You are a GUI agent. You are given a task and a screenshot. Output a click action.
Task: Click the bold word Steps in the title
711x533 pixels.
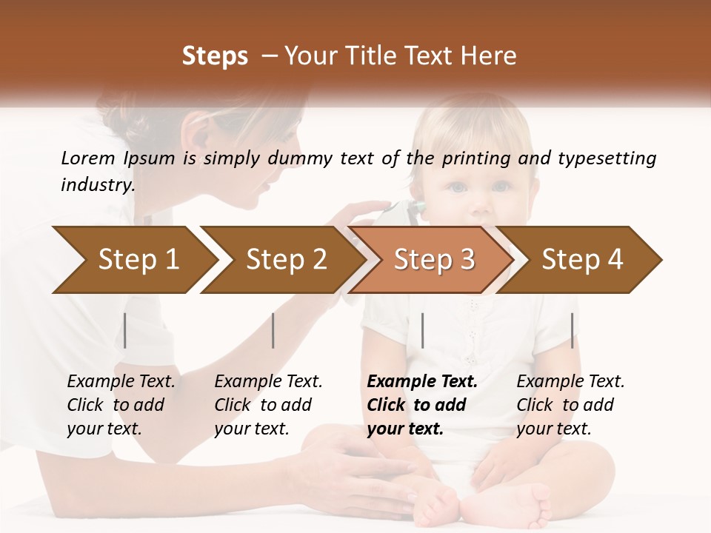tap(215, 56)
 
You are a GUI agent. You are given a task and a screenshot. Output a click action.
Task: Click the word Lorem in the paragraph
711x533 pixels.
tap(88, 158)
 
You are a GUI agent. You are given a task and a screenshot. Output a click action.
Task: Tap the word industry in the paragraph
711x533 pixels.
tap(98, 185)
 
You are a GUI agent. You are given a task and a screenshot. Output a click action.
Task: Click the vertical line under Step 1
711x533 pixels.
tap(125, 330)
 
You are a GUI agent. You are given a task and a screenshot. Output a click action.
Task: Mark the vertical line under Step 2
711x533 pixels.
tap(273, 330)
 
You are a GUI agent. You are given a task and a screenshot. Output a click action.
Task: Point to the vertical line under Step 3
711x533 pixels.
tap(422, 330)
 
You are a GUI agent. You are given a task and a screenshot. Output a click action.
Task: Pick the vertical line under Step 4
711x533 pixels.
tap(572, 330)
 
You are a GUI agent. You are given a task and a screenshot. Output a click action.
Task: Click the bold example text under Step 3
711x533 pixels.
tap(422, 405)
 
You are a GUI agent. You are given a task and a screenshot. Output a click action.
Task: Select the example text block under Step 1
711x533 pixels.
tap(121, 405)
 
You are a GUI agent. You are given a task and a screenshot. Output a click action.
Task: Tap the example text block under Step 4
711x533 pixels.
tap(570, 405)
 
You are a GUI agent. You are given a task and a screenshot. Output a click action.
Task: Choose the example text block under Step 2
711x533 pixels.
tap(268, 405)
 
